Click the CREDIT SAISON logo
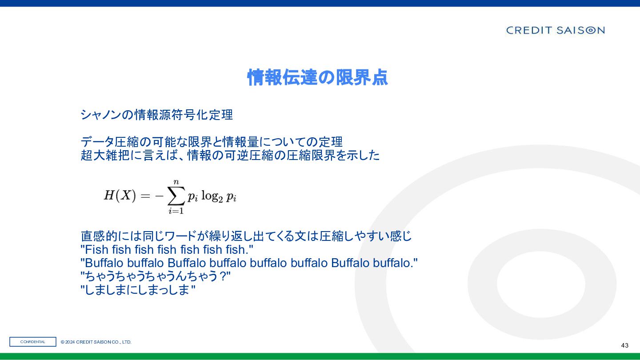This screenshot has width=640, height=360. [x=555, y=30]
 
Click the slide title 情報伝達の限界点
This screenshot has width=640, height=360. [x=317, y=77]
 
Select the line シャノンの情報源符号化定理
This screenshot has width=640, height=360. [x=156, y=115]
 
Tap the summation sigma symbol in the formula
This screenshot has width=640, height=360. [x=176, y=196]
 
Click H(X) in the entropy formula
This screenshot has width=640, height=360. [x=120, y=196]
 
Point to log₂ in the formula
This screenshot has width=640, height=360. [x=212, y=196]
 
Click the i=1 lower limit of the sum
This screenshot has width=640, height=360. [x=176, y=211]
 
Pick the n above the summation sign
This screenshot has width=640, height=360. [x=176, y=182]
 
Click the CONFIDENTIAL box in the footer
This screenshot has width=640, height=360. [x=33, y=342]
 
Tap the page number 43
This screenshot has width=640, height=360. [x=624, y=345]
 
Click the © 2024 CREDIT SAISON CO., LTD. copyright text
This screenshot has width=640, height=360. [x=96, y=342]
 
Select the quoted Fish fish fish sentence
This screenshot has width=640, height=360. [x=167, y=249]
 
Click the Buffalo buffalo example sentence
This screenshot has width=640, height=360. [x=249, y=263]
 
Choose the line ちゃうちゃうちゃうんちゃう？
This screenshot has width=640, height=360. [x=156, y=276]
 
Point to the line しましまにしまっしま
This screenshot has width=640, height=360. [x=138, y=290]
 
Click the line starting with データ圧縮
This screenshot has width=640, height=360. [x=212, y=142]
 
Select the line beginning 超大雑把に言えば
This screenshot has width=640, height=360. [x=230, y=156]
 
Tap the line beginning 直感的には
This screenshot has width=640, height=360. [x=246, y=236]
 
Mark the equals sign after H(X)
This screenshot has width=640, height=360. [x=145, y=196]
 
